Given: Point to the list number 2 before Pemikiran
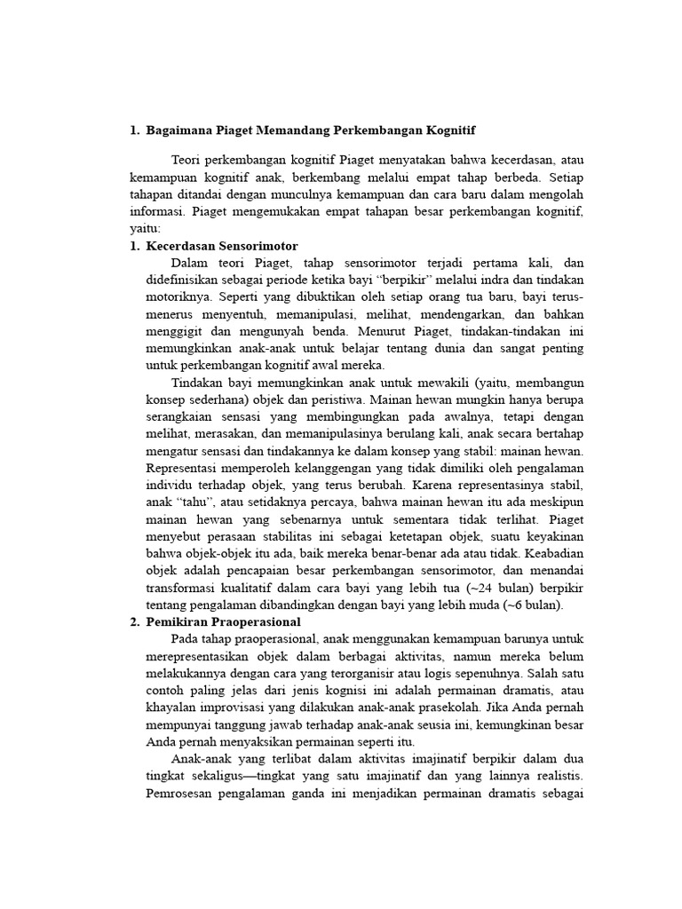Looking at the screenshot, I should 135,622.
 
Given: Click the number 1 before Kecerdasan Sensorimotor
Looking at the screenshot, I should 135,246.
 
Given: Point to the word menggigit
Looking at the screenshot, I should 175,331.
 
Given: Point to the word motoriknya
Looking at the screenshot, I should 178,296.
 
